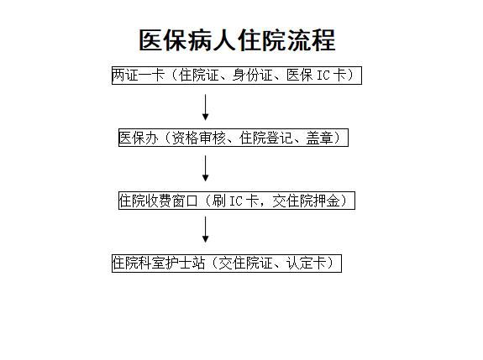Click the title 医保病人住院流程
point(237,40)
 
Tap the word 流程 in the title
point(311,40)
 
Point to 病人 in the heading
point(213,40)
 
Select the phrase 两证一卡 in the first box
point(139,75)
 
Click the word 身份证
point(253,75)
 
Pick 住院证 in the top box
point(199,75)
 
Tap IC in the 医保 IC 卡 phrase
point(323,76)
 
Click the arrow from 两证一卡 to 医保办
point(206,107)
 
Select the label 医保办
point(139,138)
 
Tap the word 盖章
point(319,138)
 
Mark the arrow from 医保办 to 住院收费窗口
point(206,169)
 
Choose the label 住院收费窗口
point(158,201)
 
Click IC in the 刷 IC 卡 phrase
point(236,201)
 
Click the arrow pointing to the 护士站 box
point(206,230)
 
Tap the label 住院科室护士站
point(159,263)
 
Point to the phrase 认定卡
point(306,263)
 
